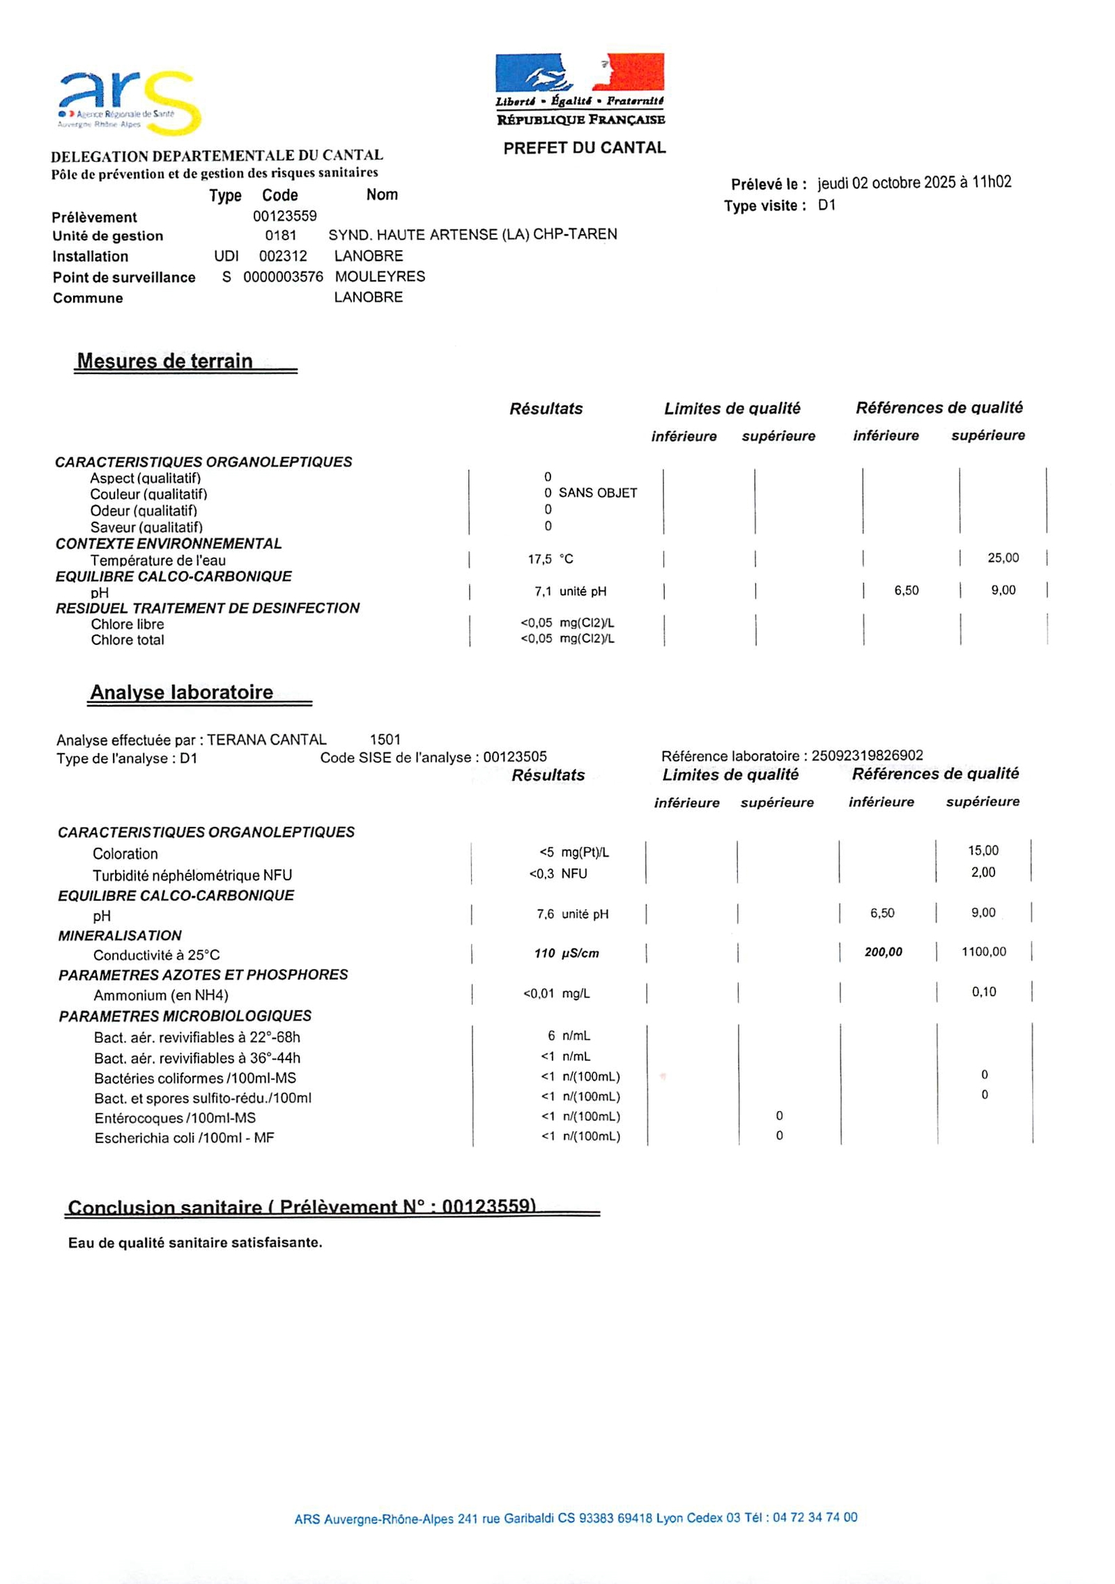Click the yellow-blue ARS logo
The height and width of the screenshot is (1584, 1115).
[x=130, y=104]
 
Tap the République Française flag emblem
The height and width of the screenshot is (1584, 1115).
[x=579, y=72]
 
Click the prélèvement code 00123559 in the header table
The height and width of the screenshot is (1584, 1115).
[x=284, y=216]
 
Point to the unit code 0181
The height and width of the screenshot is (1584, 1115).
[x=280, y=235]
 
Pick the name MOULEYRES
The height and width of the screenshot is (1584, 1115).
[x=380, y=277]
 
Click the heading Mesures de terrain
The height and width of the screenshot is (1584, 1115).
[x=164, y=361]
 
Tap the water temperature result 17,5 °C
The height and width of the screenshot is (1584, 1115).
[x=550, y=559]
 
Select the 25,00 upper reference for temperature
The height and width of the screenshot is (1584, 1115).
[x=1003, y=558]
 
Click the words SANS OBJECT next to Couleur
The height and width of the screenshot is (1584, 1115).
[x=597, y=493]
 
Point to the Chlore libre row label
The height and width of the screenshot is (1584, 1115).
[x=128, y=624]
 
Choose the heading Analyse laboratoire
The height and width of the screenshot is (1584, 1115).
[x=181, y=692]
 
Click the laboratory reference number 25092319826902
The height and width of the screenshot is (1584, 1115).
[x=867, y=756]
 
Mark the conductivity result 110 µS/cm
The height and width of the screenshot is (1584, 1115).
[x=566, y=954]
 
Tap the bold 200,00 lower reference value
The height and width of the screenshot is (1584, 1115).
[x=883, y=952]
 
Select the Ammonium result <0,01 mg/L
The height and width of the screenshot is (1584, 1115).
[x=556, y=994]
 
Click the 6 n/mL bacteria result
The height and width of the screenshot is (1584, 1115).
[x=569, y=1036]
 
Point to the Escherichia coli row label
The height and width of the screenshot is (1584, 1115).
[x=184, y=1138]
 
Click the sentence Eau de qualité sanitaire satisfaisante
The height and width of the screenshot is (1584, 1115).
[x=195, y=1243]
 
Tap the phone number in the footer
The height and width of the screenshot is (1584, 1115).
[x=815, y=1518]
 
